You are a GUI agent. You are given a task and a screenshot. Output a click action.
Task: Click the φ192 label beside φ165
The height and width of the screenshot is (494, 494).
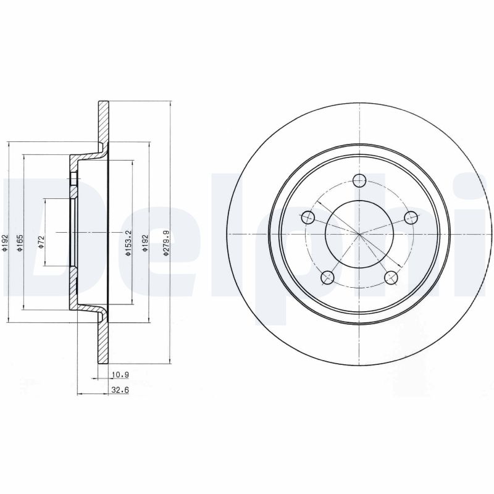(x=4, y=242)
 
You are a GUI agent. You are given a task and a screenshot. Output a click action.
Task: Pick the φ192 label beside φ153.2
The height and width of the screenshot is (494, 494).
(x=144, y=242)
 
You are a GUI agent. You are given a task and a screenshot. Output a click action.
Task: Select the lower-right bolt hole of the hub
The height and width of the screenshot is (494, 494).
(x=390, y=277)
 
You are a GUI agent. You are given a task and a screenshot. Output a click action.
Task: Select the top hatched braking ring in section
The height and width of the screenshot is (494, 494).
(x=103, y=120)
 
